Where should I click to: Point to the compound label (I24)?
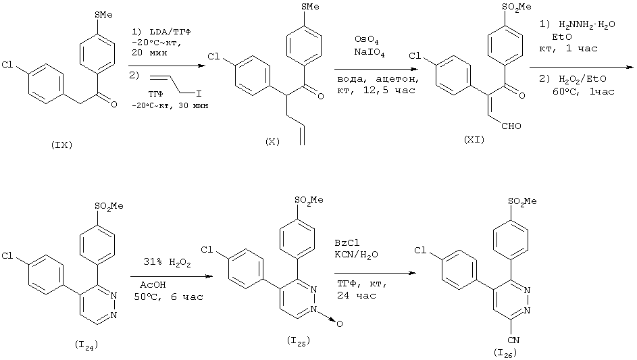click(88, 346)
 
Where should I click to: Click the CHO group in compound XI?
click(511, 124)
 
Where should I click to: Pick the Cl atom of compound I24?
click(7, 257)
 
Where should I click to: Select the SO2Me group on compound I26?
click(524, 201)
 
